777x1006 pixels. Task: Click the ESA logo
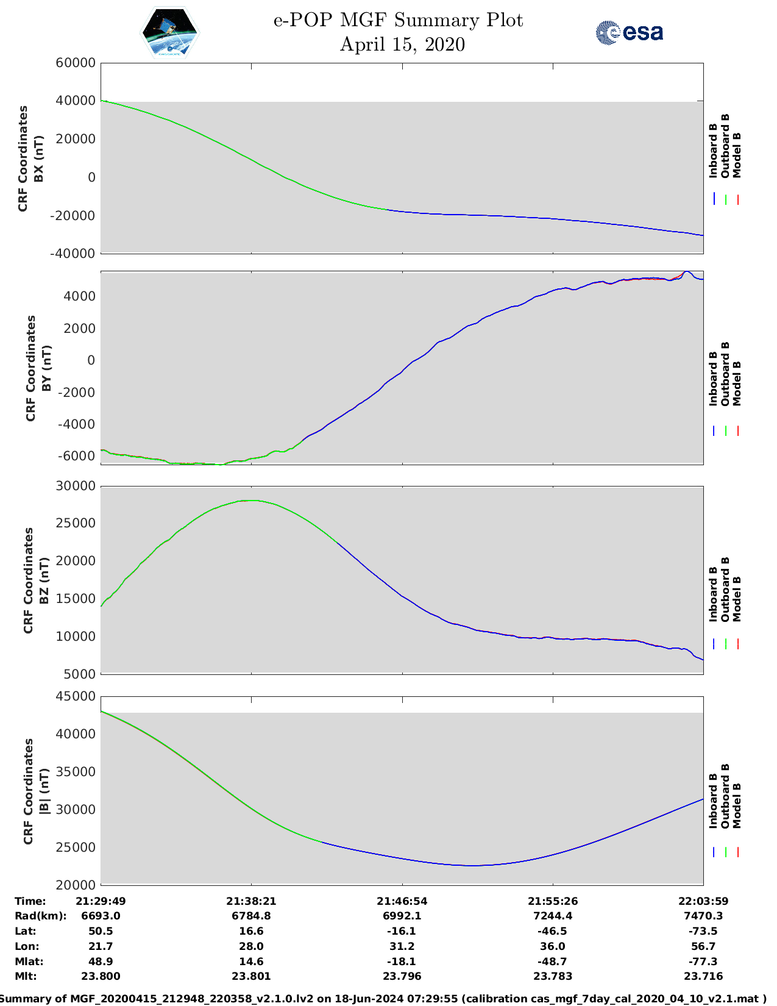pos(629,32)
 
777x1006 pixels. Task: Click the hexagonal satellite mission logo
pos(170,32)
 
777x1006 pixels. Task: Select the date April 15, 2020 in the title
pos(402,45)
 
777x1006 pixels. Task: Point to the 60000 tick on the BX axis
pos(75,63)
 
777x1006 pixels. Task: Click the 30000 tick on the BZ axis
pos(76,486)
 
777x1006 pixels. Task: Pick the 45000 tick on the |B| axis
pos(76,696)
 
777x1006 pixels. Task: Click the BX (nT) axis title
pos(39,159)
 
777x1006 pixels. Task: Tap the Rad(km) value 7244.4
pos(553,916)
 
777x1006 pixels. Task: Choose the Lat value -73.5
pos(703,931)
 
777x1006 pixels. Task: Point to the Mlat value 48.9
pos(101,961)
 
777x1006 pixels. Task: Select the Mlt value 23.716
pos(703,976)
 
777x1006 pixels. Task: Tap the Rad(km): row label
pos(40,916)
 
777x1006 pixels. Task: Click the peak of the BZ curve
pos(251,501)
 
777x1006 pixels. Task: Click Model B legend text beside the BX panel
pos(737,155)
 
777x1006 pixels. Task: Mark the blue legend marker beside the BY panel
pos(714,431)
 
